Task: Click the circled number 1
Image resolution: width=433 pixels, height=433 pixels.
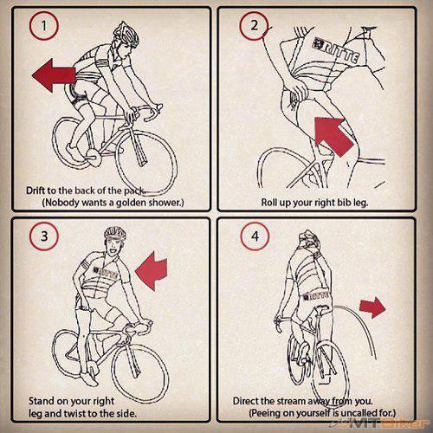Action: [44, 26]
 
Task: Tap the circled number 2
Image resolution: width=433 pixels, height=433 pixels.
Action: [254, 26]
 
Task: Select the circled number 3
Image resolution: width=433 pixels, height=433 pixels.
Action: [44, 236]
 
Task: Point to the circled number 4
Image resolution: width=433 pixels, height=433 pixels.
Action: [255, 236]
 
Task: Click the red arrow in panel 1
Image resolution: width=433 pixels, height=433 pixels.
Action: [54, 75]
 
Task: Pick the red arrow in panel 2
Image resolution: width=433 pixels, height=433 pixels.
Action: [333, 136]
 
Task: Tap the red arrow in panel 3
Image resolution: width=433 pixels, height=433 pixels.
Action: [152, 271]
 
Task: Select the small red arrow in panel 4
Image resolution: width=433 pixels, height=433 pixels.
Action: [372, 307]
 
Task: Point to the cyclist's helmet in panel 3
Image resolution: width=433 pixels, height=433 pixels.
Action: [115, 234]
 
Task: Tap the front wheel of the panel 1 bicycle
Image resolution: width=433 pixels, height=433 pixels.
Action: [146, 159]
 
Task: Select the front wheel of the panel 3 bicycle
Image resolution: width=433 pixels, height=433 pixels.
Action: [140, 373]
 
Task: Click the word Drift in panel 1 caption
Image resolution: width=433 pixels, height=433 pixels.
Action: [36, 191]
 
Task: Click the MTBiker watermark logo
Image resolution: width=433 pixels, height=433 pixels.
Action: [380, 423]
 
